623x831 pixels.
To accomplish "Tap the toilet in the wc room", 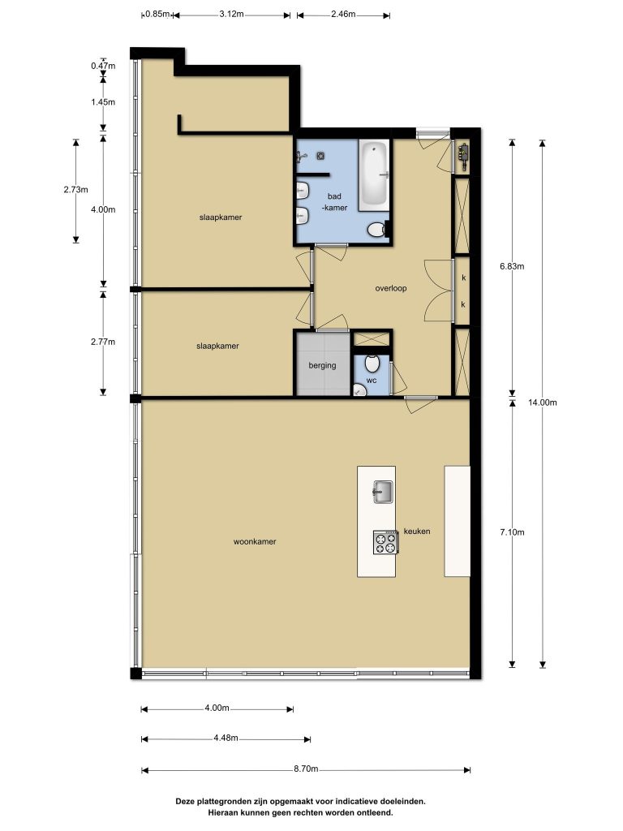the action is pos(372,364).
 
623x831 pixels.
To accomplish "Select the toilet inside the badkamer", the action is pos(376,230).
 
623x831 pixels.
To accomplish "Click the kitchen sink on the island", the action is pos(383,491).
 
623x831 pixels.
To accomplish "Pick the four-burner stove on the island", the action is pos(385,542).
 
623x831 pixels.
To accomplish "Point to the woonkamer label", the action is pos(255,541).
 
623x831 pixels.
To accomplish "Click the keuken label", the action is pos(417,531).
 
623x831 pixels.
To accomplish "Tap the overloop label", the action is pos(391,288).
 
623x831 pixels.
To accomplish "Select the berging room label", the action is pos(322,365).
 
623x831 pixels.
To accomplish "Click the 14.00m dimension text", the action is pos(543,403).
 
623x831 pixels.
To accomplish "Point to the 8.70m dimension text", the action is pos(306,769).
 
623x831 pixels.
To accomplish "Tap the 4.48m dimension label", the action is pos(226,738).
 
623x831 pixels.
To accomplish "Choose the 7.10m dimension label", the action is pos(513,532).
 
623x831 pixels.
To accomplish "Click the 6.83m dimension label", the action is pos(513,266).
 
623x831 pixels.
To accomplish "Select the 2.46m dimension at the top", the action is pos(343,14).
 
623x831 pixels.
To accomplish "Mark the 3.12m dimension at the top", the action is pos(231,14).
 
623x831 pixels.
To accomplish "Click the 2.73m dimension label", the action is pos(75,189).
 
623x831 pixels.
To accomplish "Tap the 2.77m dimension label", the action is pos(103,342).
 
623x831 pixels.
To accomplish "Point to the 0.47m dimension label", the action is pos(103,66).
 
